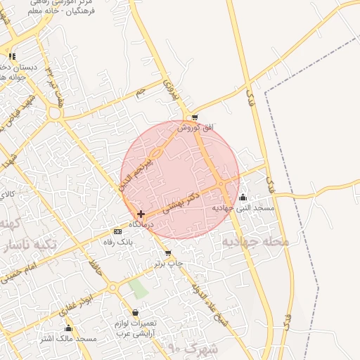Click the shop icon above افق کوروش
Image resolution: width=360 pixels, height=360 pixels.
[195, 117]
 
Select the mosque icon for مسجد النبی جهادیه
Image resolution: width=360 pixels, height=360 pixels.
[243, 198]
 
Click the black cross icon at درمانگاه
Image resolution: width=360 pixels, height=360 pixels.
[141, 214]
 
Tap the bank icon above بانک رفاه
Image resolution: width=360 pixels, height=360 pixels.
[117, 231]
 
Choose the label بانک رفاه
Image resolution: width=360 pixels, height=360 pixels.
[118, 242]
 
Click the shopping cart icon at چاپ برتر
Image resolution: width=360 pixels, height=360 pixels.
[167, 253]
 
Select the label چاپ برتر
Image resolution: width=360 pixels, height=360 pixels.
[169, 264]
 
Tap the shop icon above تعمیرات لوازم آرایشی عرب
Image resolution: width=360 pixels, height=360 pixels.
[135, 313]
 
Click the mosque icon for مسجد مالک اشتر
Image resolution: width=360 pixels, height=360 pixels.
[68, 328]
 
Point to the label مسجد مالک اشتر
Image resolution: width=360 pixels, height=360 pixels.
[67, 339]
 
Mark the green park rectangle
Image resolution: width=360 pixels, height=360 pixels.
[139, 288]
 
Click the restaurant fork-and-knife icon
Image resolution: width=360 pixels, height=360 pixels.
[11, 56]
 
